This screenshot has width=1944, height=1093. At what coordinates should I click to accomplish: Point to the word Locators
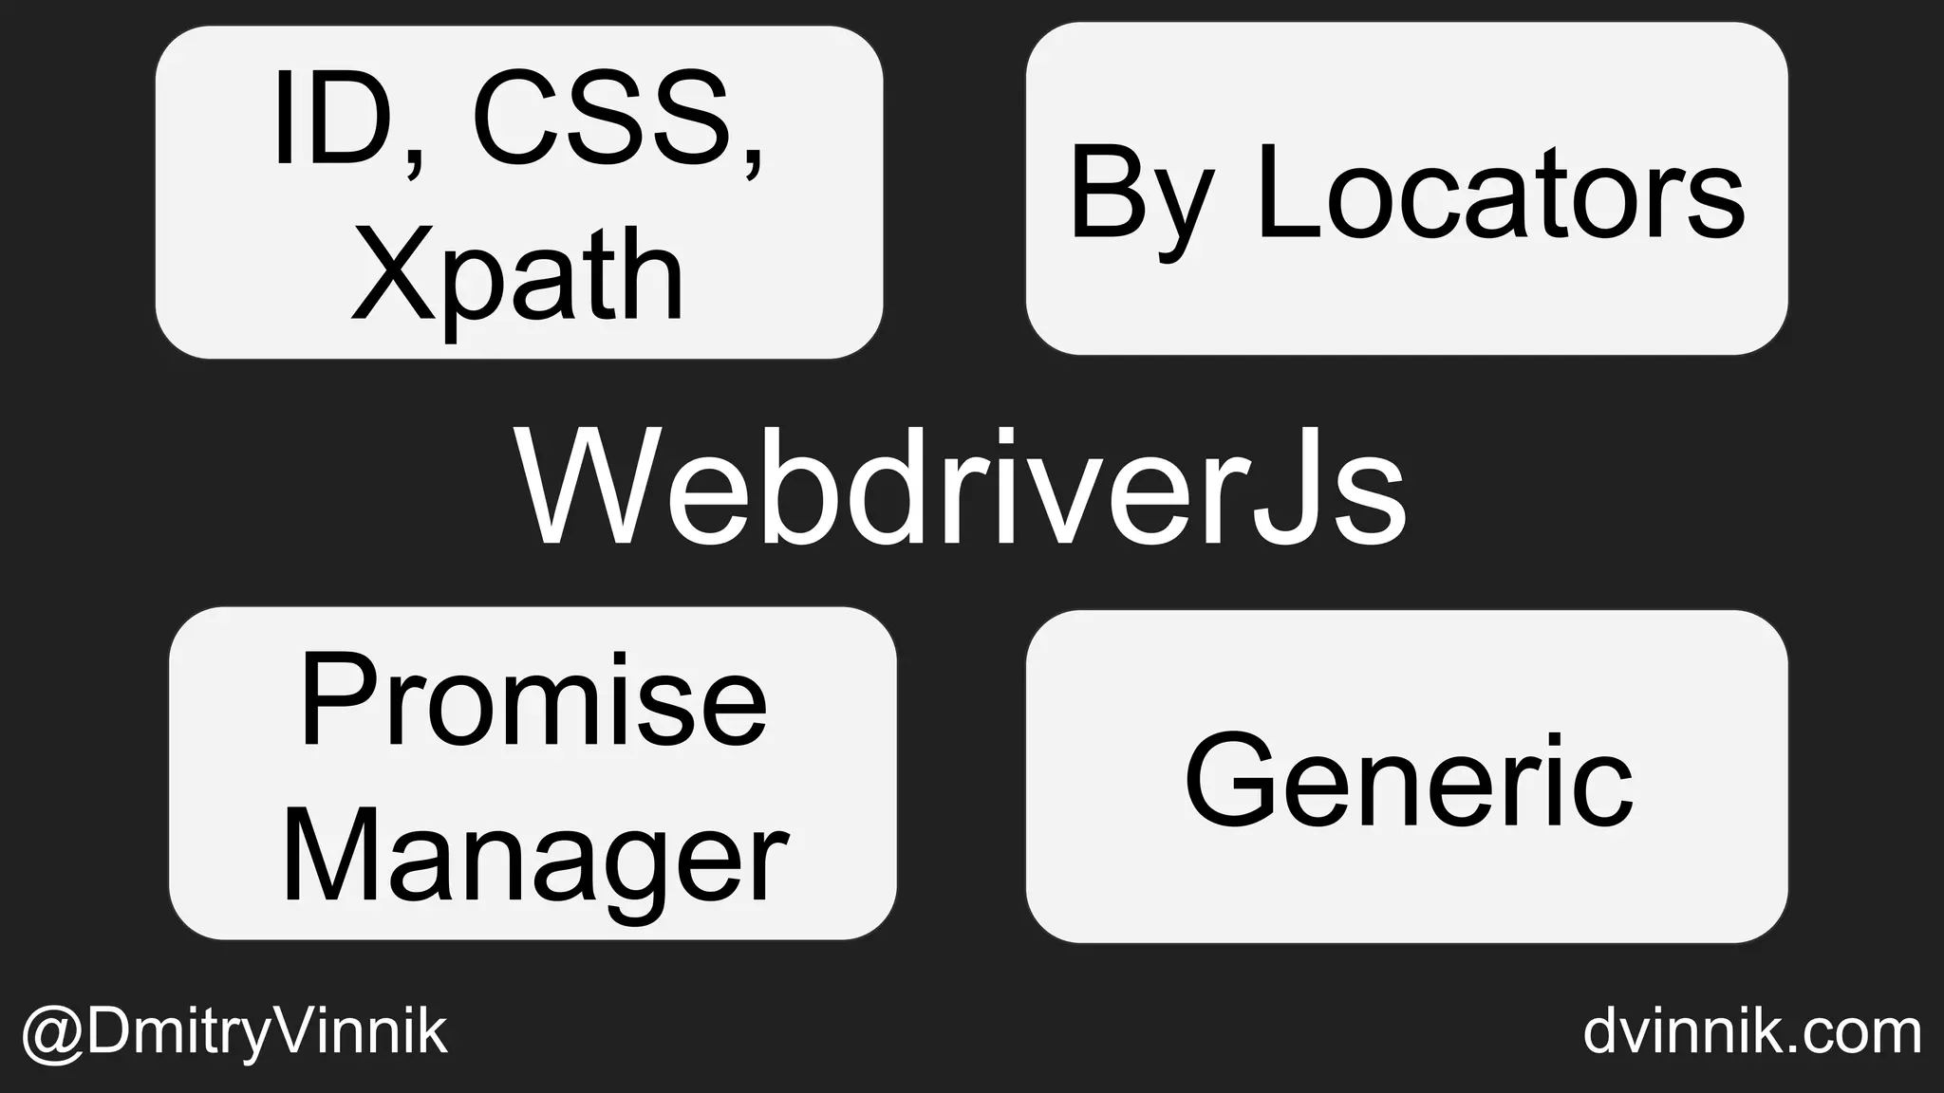(1500, 195)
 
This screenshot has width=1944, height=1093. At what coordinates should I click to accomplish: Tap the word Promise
(533, 702)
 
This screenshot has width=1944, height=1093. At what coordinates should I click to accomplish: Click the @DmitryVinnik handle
(234, 1031)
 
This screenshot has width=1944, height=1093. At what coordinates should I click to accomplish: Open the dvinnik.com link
(1751, 1031)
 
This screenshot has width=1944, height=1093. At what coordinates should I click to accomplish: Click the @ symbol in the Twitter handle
(52, 1033)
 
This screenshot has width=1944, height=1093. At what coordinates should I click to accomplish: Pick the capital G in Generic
(1232, 780)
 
